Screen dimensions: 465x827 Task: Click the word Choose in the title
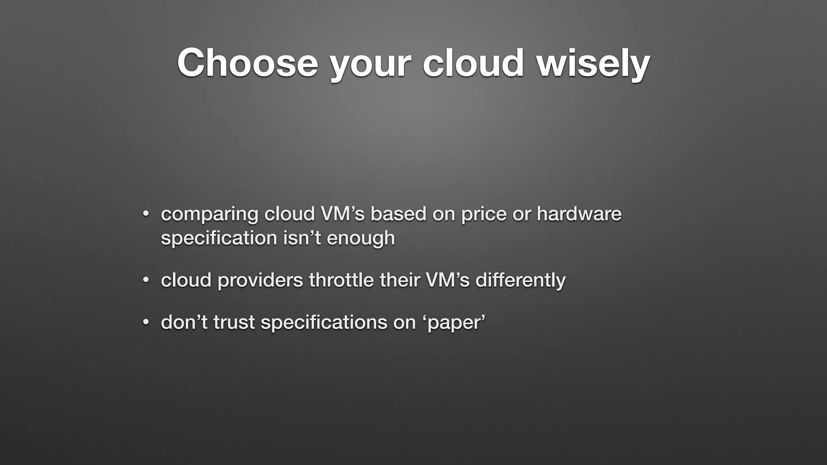(x=248, y=63)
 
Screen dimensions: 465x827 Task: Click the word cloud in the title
(x=473, y=63)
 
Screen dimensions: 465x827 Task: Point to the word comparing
(x=209, y=214)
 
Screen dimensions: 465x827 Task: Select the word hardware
(x=579, y=214)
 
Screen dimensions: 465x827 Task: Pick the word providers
(x=260, y=280)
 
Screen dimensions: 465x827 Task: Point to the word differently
(x=521, y=280)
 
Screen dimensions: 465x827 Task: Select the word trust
(x=234, y=322)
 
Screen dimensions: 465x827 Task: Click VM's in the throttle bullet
(x=448, y=280)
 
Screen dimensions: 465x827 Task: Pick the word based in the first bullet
(x=398, y=214)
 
